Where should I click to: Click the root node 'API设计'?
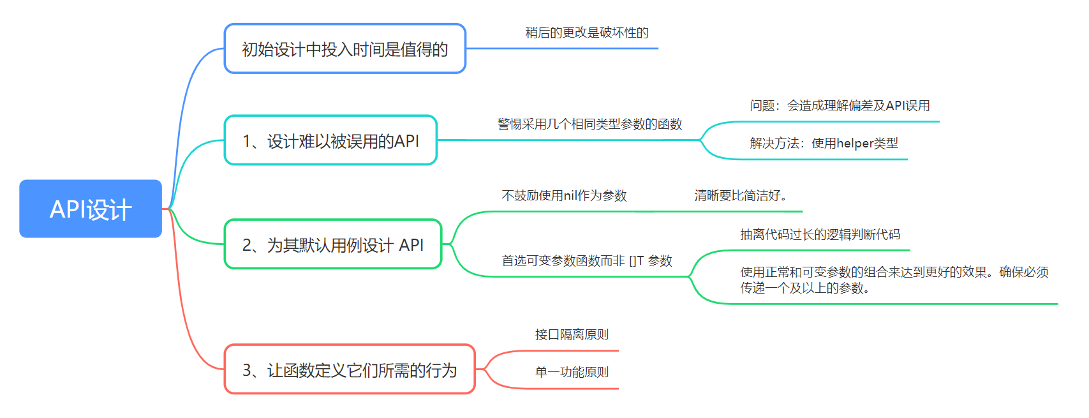point(91,209)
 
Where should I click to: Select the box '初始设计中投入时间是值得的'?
point(345,49)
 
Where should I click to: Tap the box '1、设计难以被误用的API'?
point(330,140)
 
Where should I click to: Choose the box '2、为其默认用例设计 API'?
point(333,244)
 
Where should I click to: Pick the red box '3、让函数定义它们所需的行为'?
point(350,369)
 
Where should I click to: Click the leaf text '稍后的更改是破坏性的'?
point(587,33)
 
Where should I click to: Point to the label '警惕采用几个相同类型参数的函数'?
point(589,124)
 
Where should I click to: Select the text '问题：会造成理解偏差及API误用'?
point(840,106)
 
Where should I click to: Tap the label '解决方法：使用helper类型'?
point(824,144)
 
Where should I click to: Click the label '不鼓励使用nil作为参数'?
point(564,196)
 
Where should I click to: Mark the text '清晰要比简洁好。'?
point(741,196)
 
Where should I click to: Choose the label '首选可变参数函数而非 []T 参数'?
point(587,261)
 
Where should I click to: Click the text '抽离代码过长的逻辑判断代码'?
point(820,235)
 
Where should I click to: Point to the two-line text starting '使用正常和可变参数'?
point(894,280)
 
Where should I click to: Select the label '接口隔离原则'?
point(572,334)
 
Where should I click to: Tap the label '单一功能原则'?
point(572,372)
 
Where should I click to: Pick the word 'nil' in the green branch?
point(570,195)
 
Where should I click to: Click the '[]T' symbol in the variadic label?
point(637,261)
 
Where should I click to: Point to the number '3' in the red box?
point(247,370)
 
